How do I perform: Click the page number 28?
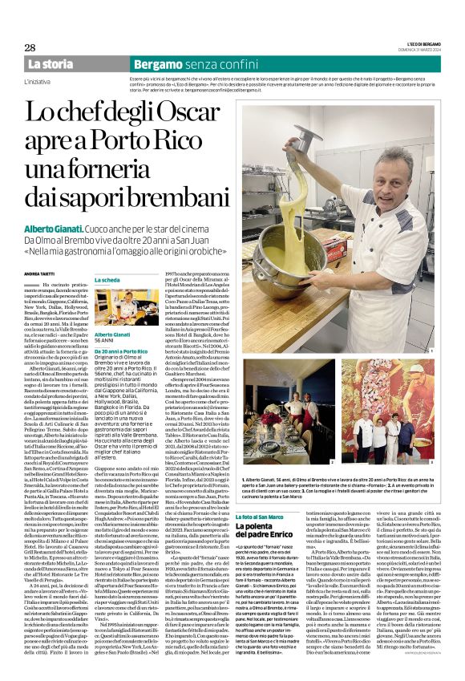click(x=29, y=47)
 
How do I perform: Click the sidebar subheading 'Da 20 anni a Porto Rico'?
click(x=121, y=352)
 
